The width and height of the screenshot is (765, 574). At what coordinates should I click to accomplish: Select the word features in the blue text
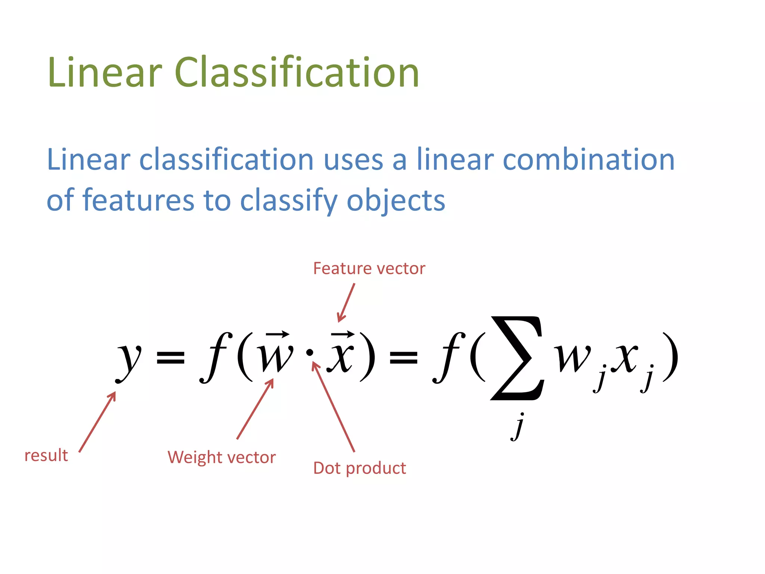(138, 200)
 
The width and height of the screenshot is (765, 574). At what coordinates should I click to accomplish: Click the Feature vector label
(369, 268)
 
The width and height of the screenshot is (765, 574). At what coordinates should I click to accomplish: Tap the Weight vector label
(222, 457)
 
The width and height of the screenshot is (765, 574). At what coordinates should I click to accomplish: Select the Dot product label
(359, 468)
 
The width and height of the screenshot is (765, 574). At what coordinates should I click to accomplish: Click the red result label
(46, 456)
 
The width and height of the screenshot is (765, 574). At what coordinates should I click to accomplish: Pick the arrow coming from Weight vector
(255, 409)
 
